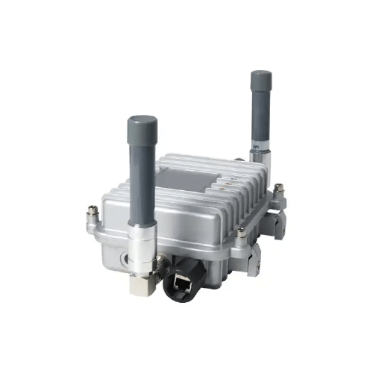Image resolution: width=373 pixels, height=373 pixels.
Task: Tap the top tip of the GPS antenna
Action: [x=261, y=75]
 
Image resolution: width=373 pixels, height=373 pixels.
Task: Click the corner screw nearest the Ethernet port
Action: [x=240, y=233]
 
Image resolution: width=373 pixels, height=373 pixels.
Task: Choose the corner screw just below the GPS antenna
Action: [x=278, y=188]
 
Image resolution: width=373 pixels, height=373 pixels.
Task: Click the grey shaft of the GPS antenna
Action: [x=261, y=112]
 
